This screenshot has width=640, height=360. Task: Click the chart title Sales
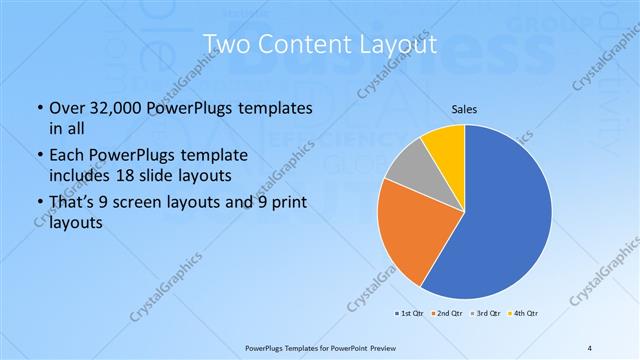[465, 108]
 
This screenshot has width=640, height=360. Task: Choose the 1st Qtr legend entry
[410, 313]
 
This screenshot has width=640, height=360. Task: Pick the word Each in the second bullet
[68, 155]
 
